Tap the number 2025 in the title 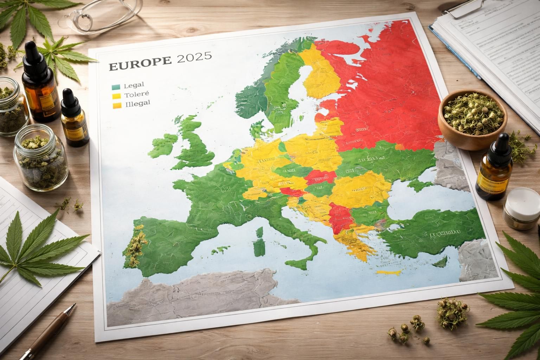(x=194, y=57)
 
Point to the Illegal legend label (x=137, y=103)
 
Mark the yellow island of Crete (x=388, y=272)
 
